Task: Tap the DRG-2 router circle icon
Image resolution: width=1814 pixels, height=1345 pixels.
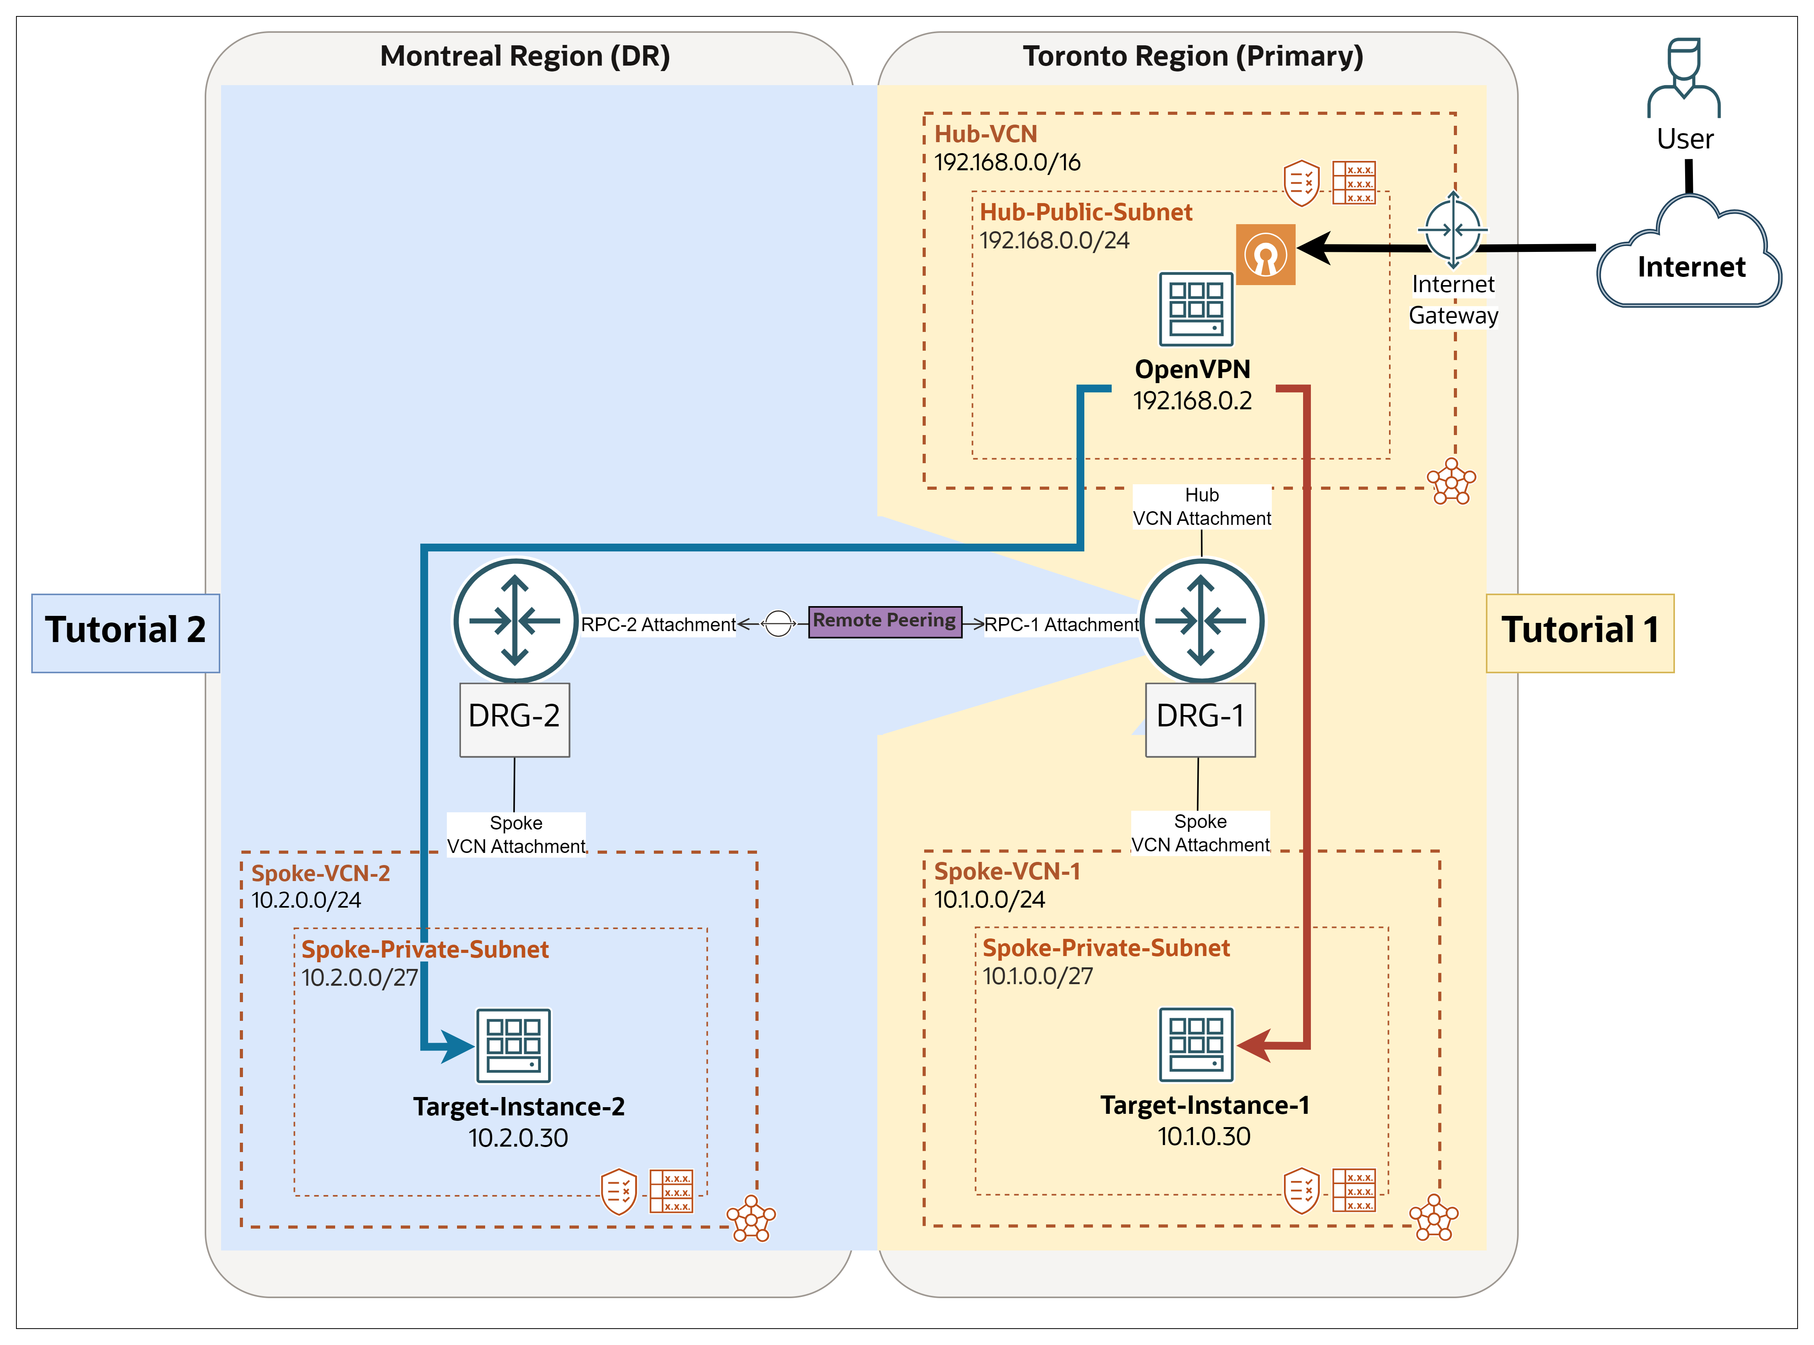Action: (x=515, y=621)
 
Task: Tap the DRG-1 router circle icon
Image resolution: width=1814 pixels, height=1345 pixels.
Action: (x=1202, y=621)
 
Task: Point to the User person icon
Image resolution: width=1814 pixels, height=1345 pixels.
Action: (x=1684, y=77)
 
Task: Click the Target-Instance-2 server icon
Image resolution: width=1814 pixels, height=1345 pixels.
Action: (x=514, y=1045)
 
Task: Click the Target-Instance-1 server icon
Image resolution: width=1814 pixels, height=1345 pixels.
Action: (x=1196, y=1044)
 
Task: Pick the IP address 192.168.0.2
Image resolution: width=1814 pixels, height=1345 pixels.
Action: (x=1193, y=401)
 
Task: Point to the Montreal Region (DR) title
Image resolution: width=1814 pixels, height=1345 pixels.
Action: (x=525, y=56)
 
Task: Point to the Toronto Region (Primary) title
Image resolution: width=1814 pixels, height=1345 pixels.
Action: (x=1193, y=56)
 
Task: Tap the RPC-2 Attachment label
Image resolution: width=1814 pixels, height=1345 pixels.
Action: (x=658, y=624)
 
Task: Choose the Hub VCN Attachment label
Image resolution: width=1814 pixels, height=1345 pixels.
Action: (x=1202, y=507)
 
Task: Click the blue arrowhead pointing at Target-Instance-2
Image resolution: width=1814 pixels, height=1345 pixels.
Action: (x=456, y=1045)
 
